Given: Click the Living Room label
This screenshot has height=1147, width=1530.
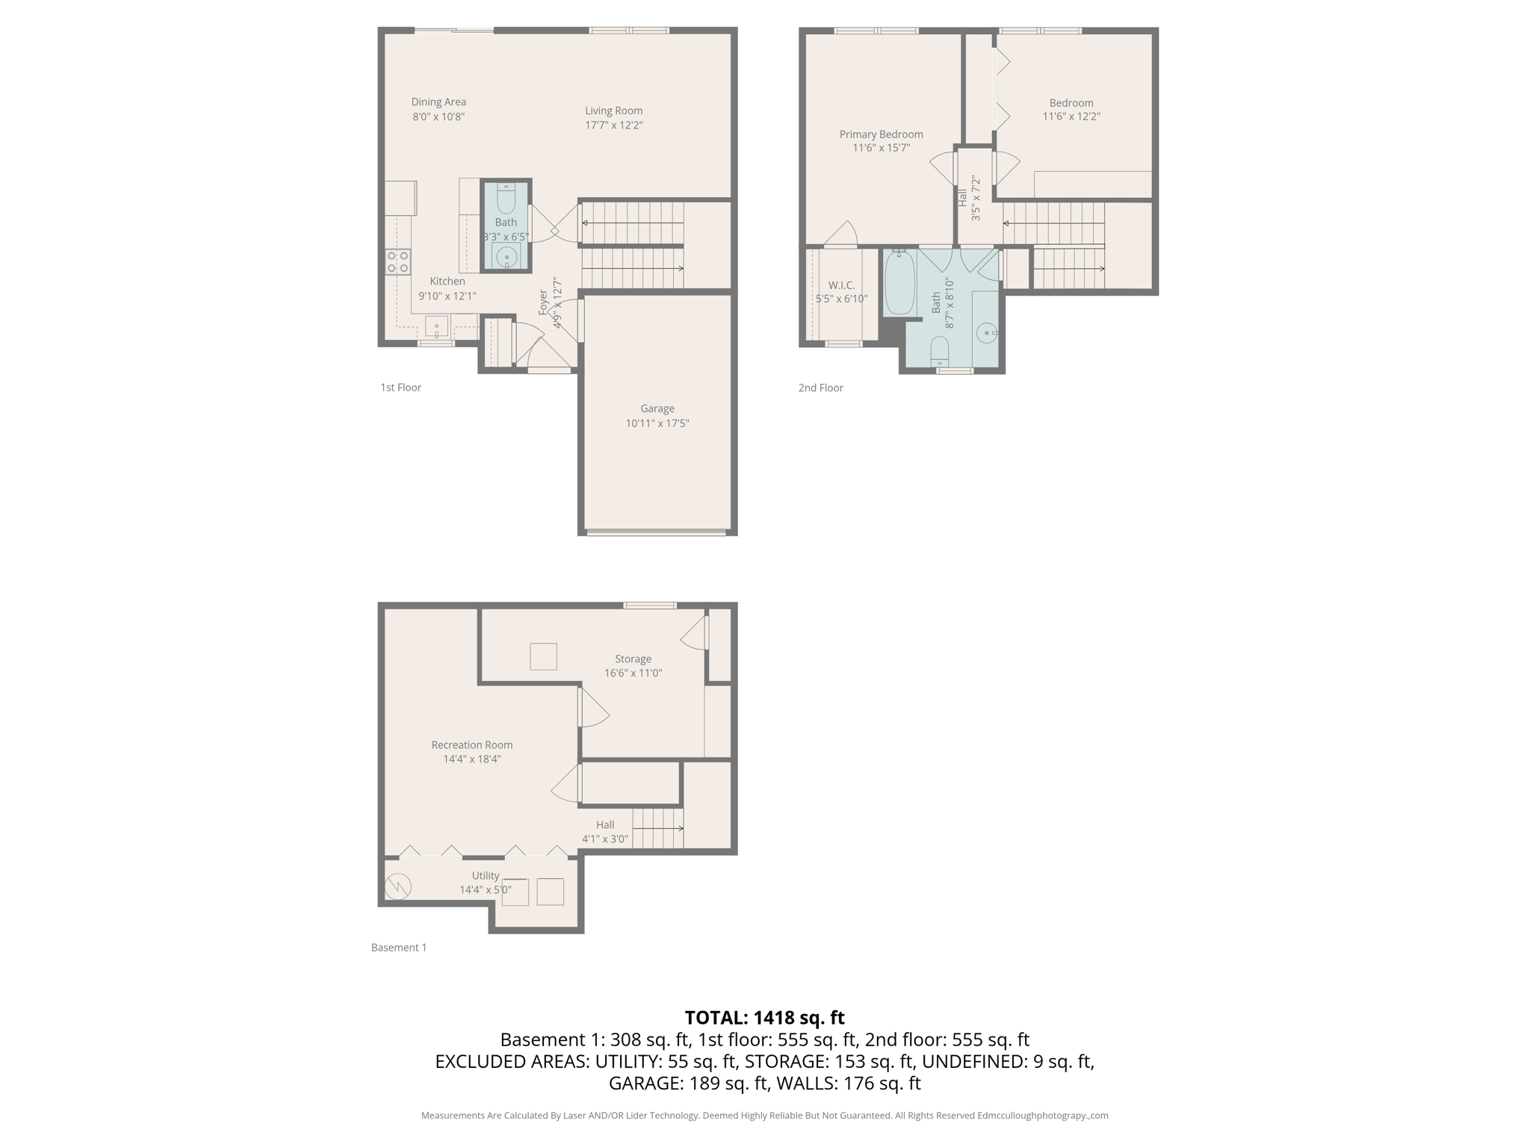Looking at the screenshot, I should point(613,111).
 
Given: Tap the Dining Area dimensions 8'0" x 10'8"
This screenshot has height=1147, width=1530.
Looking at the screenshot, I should point(439,116).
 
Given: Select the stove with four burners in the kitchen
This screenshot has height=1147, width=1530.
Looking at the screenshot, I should point(397,262).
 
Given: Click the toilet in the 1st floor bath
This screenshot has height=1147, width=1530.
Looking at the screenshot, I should point(506,199).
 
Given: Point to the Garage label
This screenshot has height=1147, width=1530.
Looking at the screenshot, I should point(657,408).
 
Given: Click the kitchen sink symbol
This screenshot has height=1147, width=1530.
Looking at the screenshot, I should point(436,326).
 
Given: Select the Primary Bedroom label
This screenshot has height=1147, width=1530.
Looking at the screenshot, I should point(881,134).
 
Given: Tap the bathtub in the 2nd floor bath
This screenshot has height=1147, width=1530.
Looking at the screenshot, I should point(899,283).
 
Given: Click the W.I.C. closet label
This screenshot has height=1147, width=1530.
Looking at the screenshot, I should point(841,285).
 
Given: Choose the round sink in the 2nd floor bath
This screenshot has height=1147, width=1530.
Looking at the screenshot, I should point(987,332).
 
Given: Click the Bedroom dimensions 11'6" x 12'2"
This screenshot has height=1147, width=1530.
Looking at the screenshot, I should point(1071,116).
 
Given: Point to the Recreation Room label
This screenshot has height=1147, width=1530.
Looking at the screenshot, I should point(471,745).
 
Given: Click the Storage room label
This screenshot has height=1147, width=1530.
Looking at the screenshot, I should point(633,659).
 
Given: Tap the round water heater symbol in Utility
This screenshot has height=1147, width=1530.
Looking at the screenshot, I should point(397,886).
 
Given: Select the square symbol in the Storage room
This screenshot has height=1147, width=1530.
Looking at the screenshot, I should point(543,656).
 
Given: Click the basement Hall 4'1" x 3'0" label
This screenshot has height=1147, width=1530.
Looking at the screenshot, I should point(604,831).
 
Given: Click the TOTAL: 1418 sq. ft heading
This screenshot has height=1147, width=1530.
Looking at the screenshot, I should point(764,1017).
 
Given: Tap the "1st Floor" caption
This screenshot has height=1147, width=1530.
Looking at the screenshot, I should point(400,388).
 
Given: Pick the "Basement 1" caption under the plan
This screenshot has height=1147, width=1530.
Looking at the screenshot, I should point(398,948).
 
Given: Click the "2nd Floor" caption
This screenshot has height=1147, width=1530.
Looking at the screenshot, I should point(820,388).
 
